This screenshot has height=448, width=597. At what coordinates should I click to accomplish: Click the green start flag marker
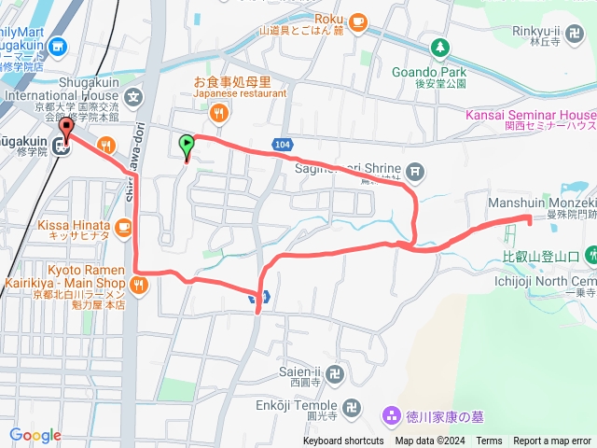point(187,146)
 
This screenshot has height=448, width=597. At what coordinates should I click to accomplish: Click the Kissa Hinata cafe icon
point(121,226)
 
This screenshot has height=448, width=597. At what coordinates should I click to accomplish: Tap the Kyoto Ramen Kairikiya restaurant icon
point(140,286)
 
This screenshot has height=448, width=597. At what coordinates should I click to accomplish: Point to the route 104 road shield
point(284,144)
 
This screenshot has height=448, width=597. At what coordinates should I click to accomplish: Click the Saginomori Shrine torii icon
point(416,170)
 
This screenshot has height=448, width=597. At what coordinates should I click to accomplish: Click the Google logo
point(35,435)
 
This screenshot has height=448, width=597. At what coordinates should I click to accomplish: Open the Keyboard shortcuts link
point(343,441)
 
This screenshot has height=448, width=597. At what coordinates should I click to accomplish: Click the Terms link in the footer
point(489,441)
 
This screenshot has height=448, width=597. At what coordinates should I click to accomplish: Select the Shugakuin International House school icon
point(134,94)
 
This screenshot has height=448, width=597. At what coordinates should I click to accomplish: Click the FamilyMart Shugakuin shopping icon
point(57,44)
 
